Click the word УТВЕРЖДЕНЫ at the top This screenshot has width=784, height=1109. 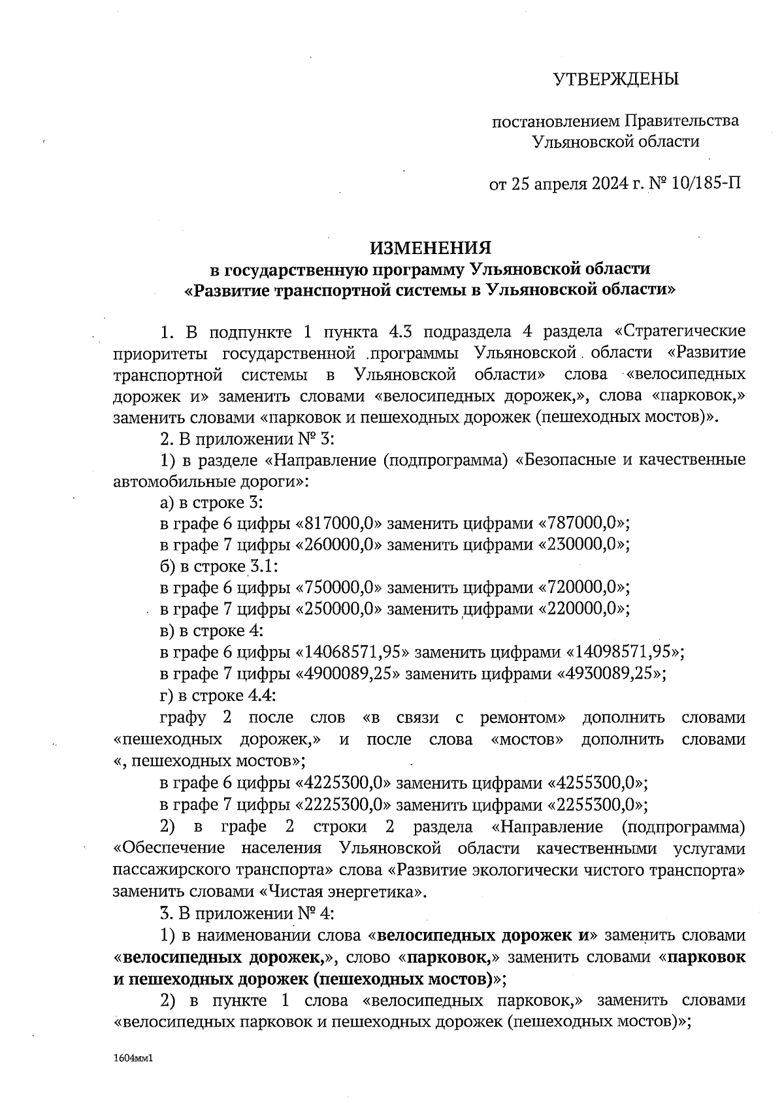point(615,80)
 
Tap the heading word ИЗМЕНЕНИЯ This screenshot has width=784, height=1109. point(430,248)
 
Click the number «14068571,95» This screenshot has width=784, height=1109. point(353,652)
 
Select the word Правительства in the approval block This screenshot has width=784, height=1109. point(682,121)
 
